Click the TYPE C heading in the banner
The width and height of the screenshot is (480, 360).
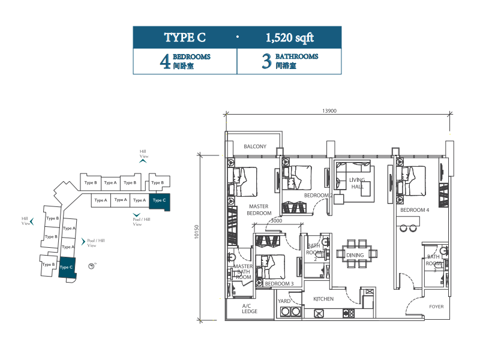185,38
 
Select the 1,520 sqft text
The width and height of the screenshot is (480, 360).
290,38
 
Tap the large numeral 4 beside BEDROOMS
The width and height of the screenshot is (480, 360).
165,62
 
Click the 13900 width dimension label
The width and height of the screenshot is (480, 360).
329,110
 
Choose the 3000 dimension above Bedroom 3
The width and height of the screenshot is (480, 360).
276,221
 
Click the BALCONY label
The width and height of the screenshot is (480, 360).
255,146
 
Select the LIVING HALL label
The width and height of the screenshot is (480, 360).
357,183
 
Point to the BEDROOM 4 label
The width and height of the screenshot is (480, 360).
415,211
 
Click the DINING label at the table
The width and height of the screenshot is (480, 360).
355,256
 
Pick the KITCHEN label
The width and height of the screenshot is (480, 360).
323,299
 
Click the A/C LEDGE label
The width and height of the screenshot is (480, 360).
250,309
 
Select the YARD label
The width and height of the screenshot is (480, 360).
284,301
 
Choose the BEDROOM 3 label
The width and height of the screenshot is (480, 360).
279,284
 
